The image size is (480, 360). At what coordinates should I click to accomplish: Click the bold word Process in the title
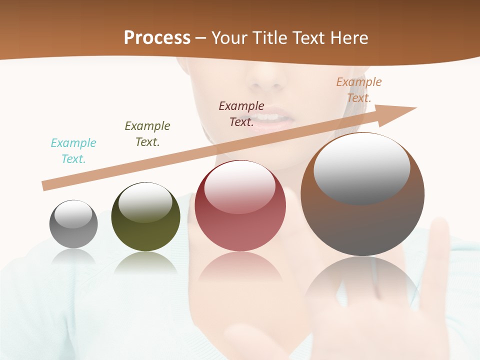click(x=157, y=38)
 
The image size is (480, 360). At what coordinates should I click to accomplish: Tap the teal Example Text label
click(x=73, y=151)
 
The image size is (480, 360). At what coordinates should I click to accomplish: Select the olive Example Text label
click(x=147, y=134)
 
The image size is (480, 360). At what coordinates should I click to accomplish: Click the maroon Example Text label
click(x=241, y=113)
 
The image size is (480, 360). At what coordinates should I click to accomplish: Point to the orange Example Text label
click(x=358, y=90)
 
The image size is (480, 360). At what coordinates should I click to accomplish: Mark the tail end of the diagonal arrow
click(x=45, y=186)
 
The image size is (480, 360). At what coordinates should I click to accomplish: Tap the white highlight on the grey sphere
click(x=73, y=214)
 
